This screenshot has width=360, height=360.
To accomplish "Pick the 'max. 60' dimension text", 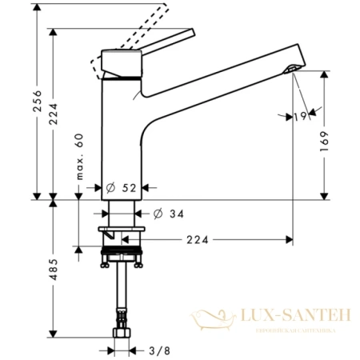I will (x=79, y=157).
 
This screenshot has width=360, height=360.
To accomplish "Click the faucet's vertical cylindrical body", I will (x=121, y=128).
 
